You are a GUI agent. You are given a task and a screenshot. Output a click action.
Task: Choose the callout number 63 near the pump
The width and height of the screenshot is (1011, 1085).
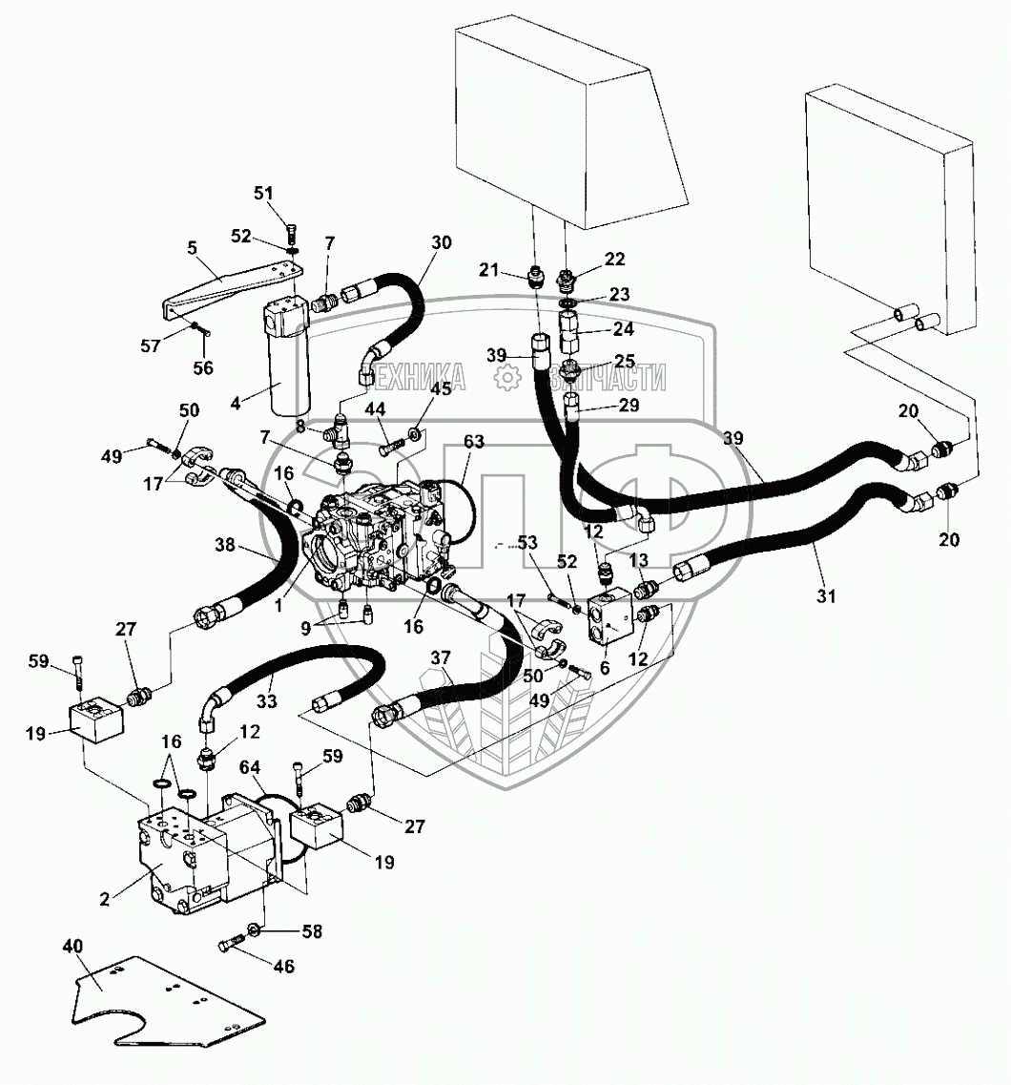[475, 442]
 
